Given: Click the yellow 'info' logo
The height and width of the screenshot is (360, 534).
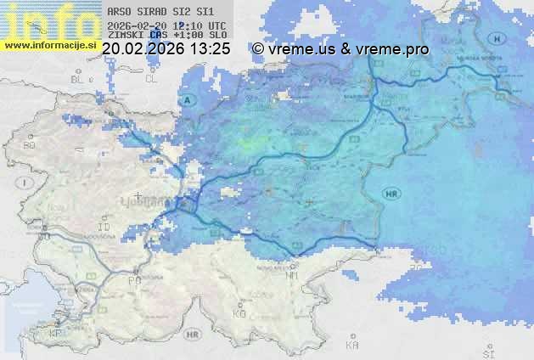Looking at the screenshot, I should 49,21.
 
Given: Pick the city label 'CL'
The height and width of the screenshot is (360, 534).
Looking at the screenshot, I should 151,79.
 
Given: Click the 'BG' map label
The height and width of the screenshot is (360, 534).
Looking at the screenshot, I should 29,145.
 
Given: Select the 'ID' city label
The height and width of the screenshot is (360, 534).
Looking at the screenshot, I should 104,228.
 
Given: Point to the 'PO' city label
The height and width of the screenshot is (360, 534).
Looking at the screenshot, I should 133,279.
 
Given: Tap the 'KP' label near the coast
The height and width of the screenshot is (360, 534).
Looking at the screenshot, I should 56,334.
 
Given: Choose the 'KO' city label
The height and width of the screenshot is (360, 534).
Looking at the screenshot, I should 239,313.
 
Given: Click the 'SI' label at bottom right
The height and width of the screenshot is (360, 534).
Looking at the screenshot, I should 487,350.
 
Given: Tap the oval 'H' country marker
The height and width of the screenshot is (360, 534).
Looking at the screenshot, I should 497,39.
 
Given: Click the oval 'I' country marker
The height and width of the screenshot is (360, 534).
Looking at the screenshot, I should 26,183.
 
